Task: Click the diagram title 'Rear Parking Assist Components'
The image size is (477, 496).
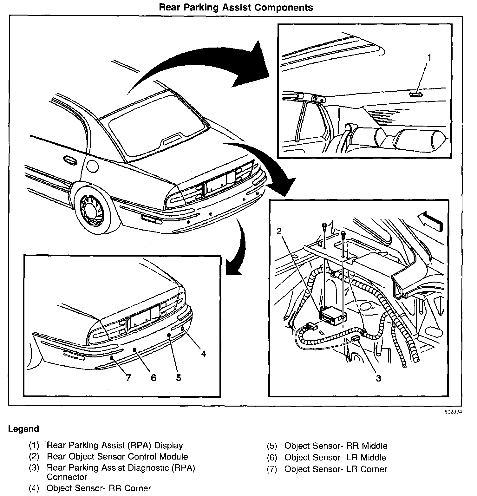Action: point(236,7)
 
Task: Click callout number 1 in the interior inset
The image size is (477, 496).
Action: point(429,57)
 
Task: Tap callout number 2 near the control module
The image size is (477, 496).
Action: point(279,232)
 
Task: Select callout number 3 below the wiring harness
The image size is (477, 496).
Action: point(378,378)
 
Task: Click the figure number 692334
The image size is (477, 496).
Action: point(453,412)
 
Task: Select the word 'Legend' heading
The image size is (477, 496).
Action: point(23,429)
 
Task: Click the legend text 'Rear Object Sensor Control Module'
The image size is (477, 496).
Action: point(117,457)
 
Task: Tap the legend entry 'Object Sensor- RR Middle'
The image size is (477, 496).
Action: point(336,446)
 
